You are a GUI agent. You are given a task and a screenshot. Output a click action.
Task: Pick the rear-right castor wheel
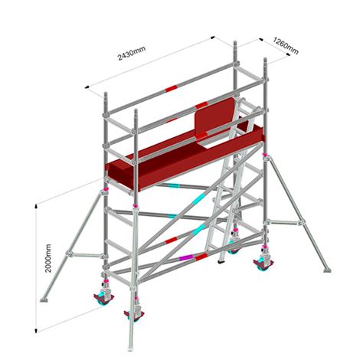click(x=263, y=264)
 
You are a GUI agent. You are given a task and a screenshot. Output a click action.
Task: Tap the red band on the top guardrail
click(x=201, y=105)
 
